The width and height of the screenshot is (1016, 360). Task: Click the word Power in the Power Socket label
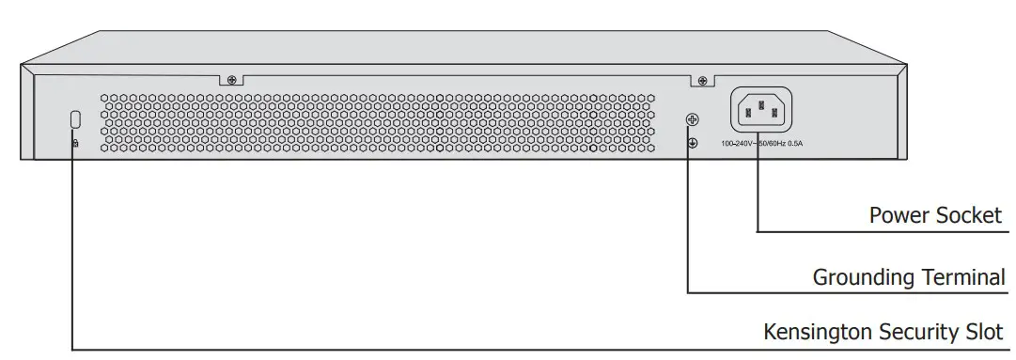(x=899, y=215)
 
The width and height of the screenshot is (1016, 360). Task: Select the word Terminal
(x=962, y=277)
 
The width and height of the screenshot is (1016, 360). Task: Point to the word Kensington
(x=817, y=332)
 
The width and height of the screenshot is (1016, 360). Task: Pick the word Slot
(x=988, y=332)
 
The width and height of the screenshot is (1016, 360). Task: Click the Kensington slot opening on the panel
(x=75, y=119)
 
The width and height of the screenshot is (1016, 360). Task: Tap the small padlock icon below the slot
(x=75, y=143)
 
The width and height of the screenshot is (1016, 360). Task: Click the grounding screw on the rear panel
(x=693, y=120)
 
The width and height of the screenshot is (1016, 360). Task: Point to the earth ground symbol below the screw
(x=693, y=143)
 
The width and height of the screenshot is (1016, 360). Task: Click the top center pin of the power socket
(x=760, y=104)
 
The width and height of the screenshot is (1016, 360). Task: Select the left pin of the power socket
(x=747, y=115)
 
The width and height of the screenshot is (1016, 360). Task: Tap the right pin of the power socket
(x=774, y=115)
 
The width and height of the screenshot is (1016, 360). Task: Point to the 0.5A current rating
(x=799, y=144)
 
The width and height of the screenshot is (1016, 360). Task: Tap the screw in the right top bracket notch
(x=701, y=82)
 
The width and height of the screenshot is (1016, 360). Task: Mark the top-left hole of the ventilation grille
(x=105, y=96)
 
